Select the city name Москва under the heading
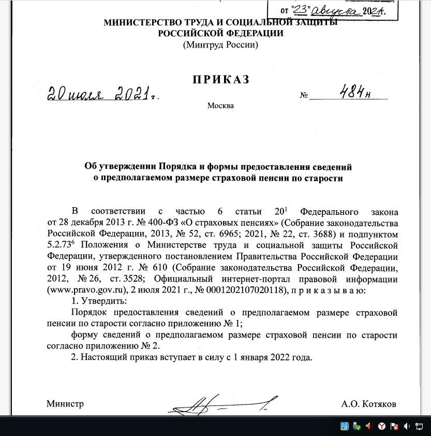220,106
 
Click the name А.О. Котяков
369,404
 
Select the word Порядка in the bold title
178,167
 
